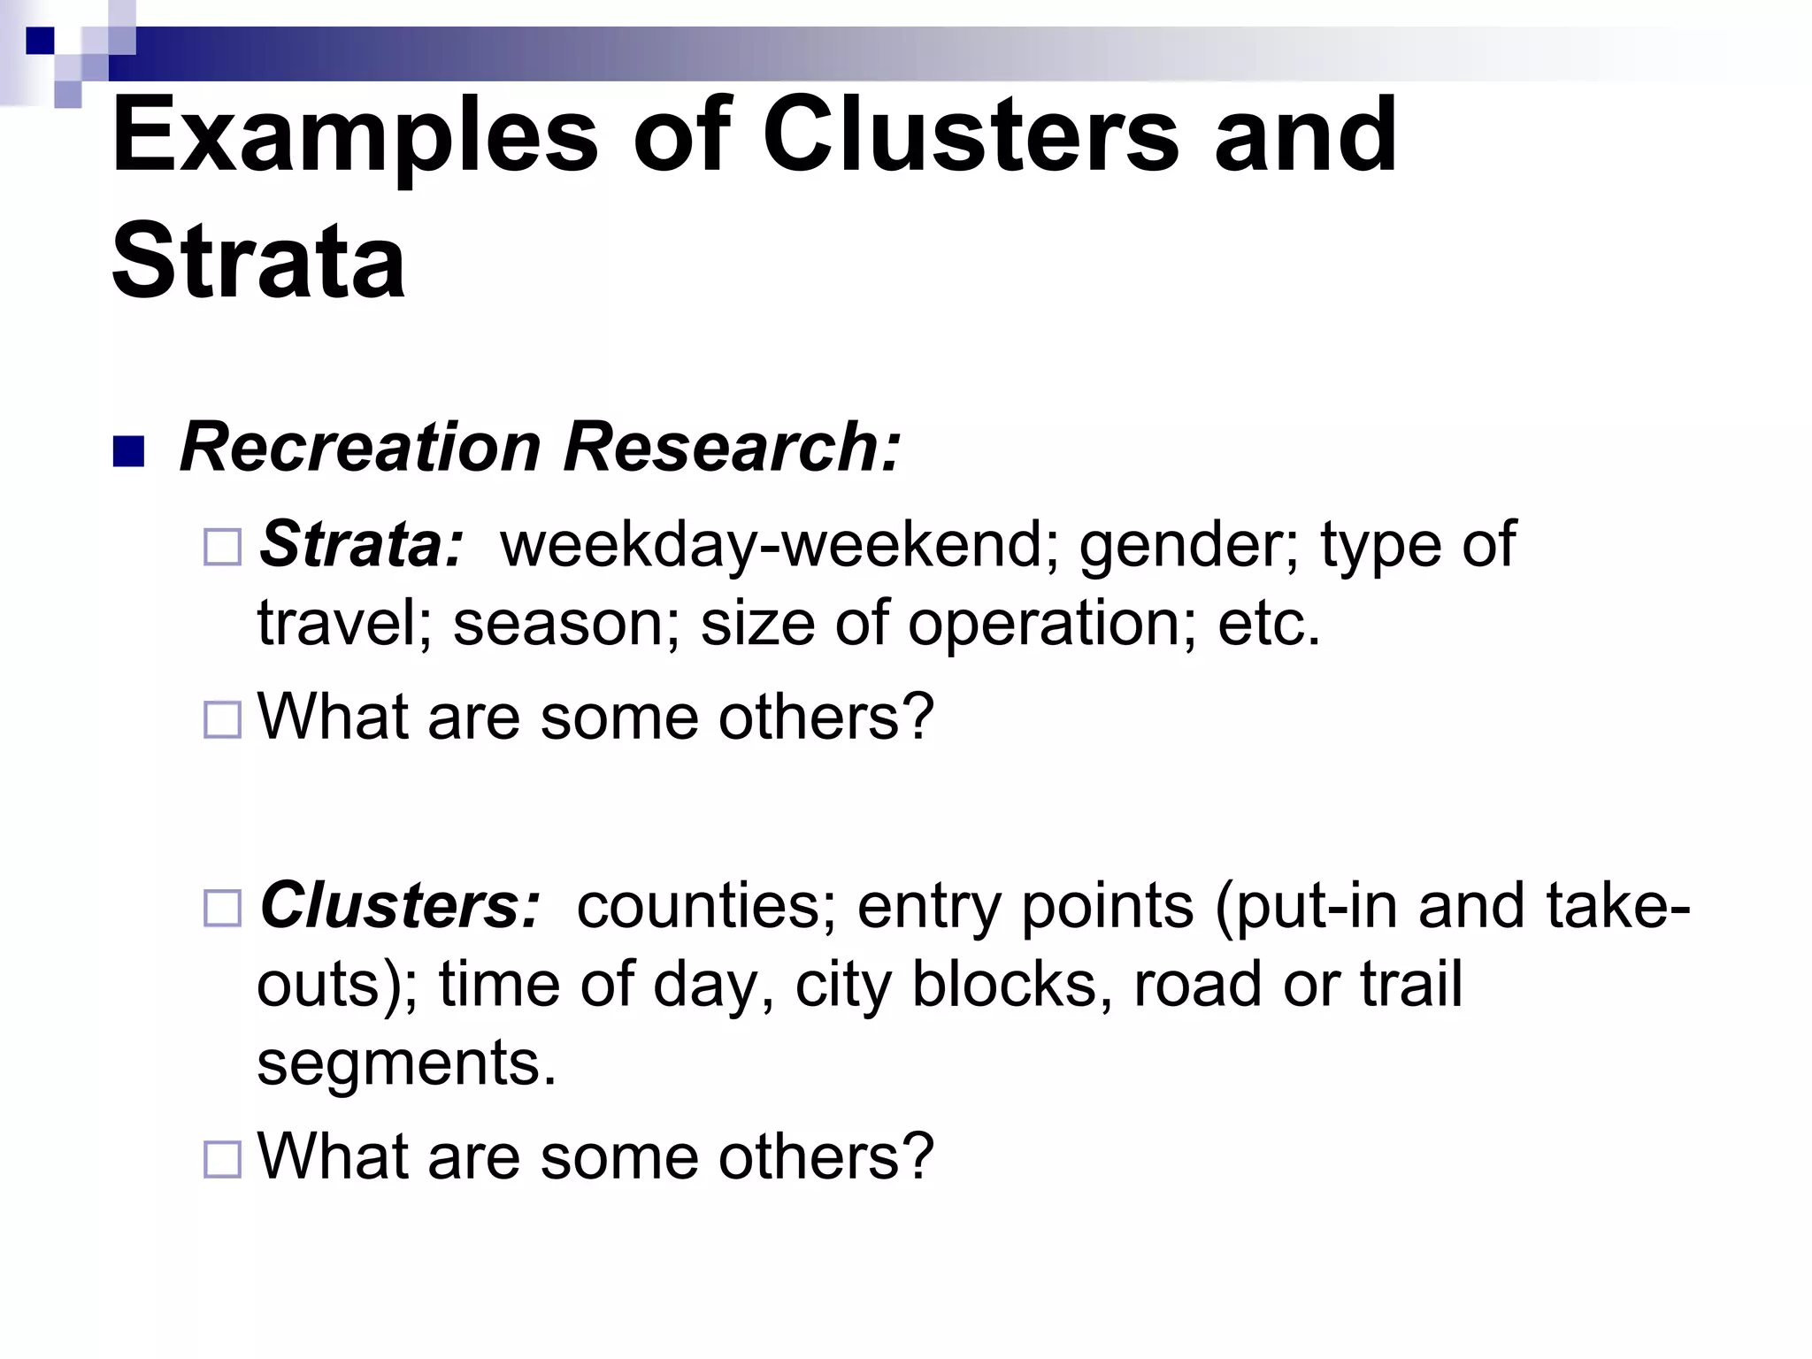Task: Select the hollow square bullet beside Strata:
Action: coord(222,547)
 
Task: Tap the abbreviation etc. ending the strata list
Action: coord(1269,623)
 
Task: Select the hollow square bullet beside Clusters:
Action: coord(222,908)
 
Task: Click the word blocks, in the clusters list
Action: coord(1012,984)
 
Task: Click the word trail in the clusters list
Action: coord(1411,984)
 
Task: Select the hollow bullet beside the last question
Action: coord(222,1159)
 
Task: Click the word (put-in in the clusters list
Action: coord(1307,907)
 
